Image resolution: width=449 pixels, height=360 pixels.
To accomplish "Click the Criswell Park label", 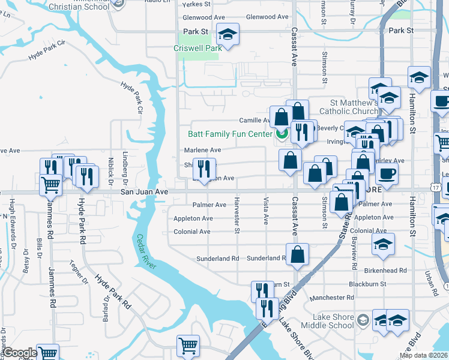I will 197,48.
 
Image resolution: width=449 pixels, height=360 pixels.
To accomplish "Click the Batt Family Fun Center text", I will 230,134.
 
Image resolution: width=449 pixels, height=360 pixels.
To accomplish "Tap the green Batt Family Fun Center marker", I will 280,134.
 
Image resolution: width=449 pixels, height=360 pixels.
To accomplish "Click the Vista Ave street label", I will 266,211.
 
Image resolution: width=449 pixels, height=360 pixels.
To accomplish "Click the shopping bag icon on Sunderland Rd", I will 297,254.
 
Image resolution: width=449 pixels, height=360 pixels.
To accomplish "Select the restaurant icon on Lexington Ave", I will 204,170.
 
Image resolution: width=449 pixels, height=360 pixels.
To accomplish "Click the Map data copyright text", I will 426,353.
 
